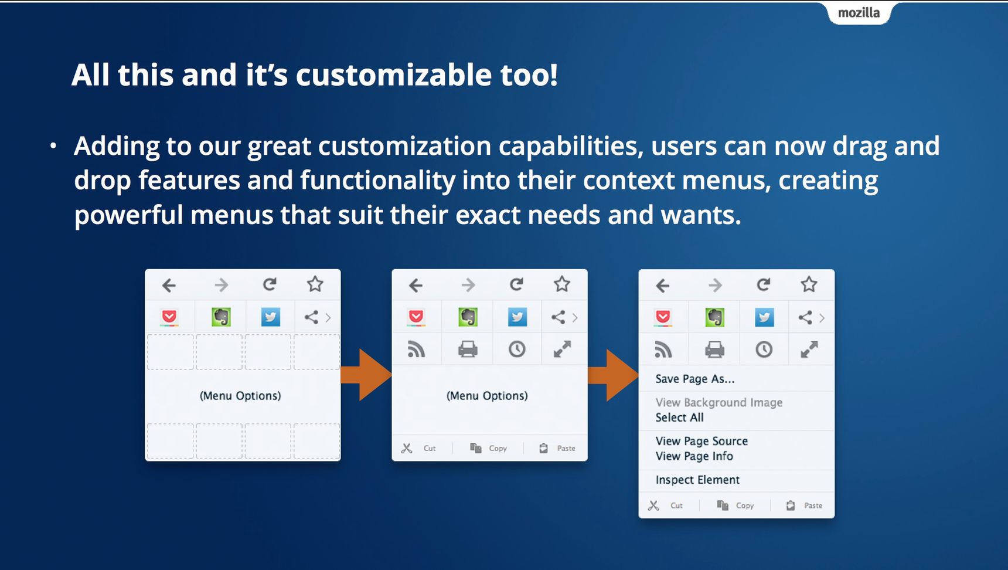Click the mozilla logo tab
[859, 13]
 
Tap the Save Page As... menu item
[694, 379]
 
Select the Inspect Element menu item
[697, 480]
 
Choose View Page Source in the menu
[701, 441]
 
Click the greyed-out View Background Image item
[718, 402]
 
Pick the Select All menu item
[679, 418]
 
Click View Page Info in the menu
[694, 456]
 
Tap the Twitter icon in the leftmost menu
[270, 317]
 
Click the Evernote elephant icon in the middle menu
[468, 317]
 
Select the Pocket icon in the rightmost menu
[663, 317]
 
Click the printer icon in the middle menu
[468, 350]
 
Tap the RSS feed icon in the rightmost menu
[663, 350]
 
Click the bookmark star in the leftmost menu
[315, 284]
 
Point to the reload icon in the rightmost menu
[763, 285]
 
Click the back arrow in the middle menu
[416, 286]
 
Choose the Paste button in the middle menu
[557, 448]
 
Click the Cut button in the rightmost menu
[665, 505]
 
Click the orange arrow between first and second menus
[366, 375]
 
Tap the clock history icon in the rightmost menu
[764, 350]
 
